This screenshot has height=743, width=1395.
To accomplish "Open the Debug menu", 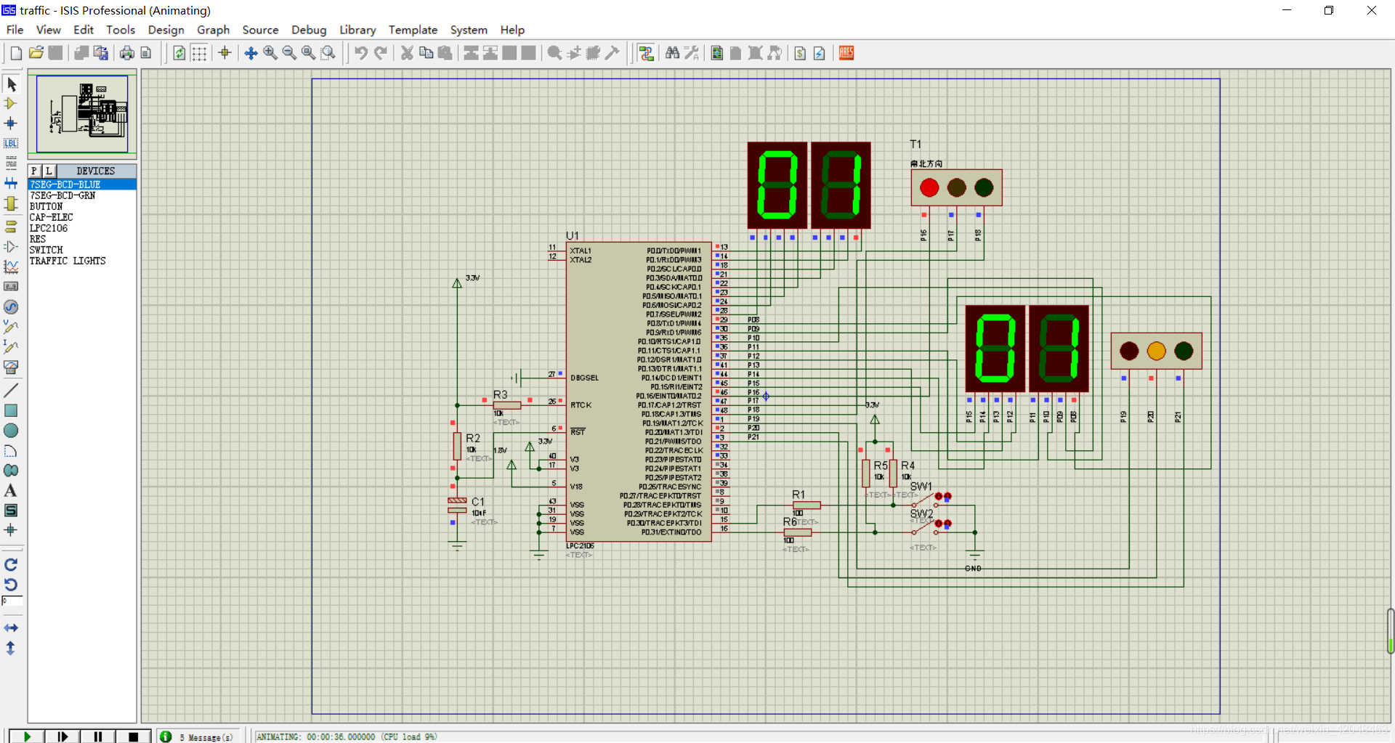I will click(x=309, y=30).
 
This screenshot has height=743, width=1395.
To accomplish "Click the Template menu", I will click(x=413, y=30).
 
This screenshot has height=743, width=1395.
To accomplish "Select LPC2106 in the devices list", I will click(x=49, y=228).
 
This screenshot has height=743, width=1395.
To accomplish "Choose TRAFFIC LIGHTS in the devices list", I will click(x=68, y=261).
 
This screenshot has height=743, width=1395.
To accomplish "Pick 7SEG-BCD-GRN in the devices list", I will click(x=62, y=195).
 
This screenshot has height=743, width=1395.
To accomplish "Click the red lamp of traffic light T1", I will click(x=929, y=187).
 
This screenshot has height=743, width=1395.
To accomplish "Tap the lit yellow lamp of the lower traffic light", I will click(x=1156, y=351).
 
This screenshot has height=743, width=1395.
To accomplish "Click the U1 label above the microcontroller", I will click(x=573, y=235).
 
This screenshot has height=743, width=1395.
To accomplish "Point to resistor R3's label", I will click(x=501, y=394).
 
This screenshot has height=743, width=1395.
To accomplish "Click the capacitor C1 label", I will click(x=478, y=502).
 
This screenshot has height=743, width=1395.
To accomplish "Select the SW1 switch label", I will click(x=921, y=486).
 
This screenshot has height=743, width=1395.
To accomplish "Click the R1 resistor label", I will click(x=798, y=495).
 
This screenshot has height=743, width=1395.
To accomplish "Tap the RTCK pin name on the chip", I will click(x=581, y=405).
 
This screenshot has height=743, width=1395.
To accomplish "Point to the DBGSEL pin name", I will click(x=585, y=378).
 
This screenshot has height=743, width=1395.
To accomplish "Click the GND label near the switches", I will click(x=973, y=569).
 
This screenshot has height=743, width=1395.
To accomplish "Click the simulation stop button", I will click(x=133, y=736).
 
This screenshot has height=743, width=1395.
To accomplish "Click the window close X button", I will click(x=1372, y=10).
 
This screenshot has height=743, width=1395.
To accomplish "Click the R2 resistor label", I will click(x=473, y=438).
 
